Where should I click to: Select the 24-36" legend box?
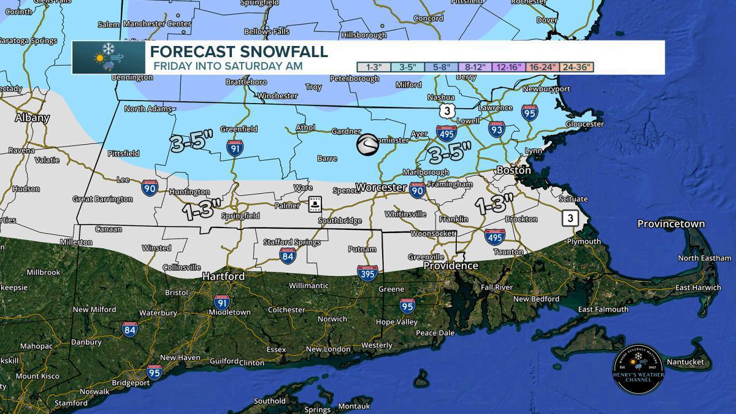577,66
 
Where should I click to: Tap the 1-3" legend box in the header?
374,66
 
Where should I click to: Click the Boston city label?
513,170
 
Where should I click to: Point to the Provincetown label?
670,224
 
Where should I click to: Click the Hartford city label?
224,276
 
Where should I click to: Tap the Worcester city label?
381,186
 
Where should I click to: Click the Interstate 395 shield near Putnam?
367,273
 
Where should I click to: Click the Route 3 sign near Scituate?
570,218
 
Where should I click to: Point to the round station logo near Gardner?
368,145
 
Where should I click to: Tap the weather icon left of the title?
109,58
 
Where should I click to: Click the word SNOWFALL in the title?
283,51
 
